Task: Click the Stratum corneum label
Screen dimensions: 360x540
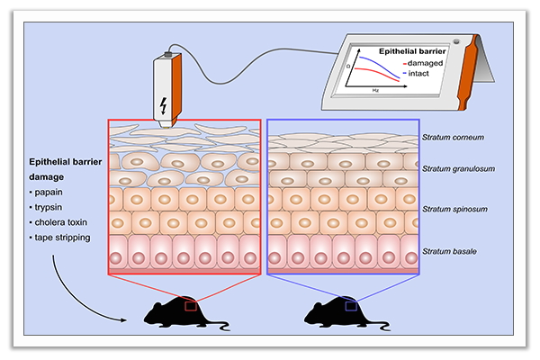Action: click(x=455, y=138)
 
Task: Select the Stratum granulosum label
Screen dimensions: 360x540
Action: click(x=460, y=169)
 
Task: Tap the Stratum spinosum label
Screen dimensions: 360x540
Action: click(x=457, y=209)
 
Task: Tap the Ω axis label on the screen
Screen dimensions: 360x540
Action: click(x=347, y=66)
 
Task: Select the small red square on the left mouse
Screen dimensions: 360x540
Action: click(x=191, y=307)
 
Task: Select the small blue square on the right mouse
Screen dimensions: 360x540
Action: click(x=351, y=307)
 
